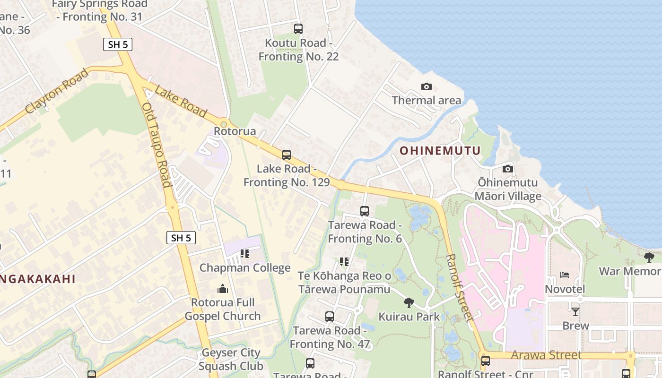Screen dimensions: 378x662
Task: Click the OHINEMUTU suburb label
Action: point(440,151)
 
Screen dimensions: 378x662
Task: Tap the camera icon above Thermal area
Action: point(426,86)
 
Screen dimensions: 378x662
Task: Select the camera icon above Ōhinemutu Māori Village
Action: point(507,169)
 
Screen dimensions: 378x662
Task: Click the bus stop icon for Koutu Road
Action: point(298,28)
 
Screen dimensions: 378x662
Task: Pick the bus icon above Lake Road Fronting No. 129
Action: point(286,155)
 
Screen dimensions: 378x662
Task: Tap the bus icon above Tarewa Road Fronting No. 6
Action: point(364,211)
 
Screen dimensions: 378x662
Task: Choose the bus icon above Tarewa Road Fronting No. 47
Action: point(329,316)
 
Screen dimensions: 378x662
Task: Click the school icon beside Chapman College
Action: point(244,254)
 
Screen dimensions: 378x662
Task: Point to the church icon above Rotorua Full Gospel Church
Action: point(222,288)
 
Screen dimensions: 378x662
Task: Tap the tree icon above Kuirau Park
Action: point(409,302)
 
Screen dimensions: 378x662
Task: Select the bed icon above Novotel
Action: point(564,275)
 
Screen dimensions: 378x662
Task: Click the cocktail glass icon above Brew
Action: point(575,311)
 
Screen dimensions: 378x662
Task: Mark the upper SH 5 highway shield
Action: point(118,44)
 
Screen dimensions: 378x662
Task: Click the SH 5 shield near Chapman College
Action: point(181,238)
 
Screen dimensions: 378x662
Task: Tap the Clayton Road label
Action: point(57,91)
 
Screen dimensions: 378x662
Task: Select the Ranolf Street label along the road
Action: point(459,287)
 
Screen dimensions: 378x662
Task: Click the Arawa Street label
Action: point(546,355)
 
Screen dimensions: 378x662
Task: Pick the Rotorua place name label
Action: point(235,131)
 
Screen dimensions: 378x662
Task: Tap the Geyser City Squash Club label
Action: point(231,359)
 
